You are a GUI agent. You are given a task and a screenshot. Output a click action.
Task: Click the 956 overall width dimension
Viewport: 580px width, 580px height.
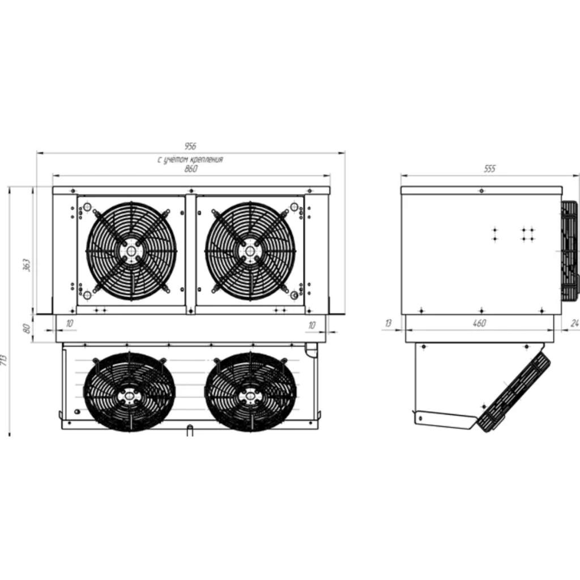click(190, 147)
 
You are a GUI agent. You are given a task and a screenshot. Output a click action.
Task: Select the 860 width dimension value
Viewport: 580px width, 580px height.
click(190, 169)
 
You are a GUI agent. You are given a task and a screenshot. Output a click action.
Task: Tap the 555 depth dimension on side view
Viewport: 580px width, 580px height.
click(489, 169)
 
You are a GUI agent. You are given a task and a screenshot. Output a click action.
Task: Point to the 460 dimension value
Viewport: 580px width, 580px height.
click(479, 323)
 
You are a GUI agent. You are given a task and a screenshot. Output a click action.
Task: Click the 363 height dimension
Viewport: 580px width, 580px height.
click(27, 265)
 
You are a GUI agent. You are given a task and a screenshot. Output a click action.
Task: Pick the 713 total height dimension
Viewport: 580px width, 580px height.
click(4, 360)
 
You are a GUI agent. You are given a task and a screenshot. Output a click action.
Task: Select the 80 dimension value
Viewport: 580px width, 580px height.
click(27, 329)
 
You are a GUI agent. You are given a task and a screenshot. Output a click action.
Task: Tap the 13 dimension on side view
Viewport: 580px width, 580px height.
click(388, 323)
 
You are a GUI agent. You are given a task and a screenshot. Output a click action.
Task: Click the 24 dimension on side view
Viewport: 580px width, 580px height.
click(574, 323)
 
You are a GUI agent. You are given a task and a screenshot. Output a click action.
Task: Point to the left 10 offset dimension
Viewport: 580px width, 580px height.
click(70, 323)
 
